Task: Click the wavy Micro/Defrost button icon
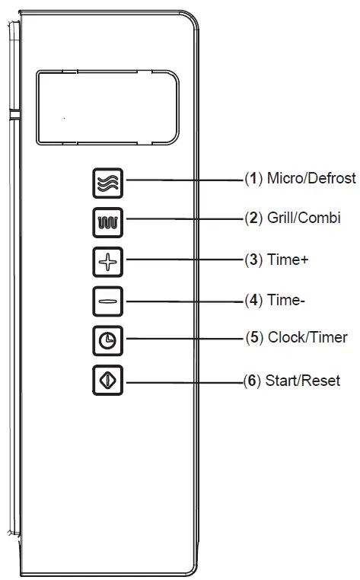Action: point(106,183)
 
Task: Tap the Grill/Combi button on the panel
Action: point(106,221)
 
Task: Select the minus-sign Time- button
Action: point(106,300)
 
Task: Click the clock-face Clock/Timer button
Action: point(106,339)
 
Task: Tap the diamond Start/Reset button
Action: point(106,379)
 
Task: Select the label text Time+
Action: point(288,260)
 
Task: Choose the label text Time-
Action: point(286,299)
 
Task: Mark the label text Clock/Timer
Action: point(307,337)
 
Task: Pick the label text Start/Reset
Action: point(302,379)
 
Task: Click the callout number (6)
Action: point(252,379)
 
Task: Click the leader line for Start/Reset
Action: point(183,379)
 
